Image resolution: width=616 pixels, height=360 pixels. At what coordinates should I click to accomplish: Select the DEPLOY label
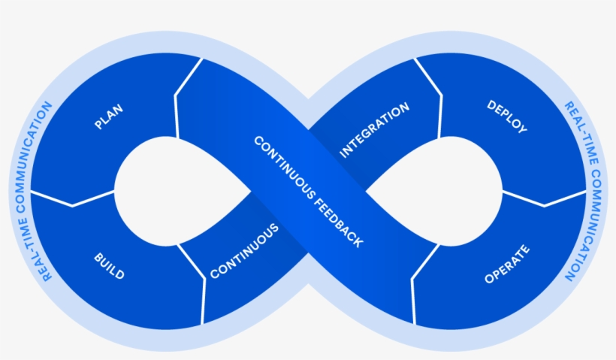[506, 117]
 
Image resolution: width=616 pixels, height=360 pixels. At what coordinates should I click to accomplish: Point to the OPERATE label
[507, 265]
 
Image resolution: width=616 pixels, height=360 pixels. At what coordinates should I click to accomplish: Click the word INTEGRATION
[375, 129]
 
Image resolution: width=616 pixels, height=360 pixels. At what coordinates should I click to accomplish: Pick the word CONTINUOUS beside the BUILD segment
[244, 251]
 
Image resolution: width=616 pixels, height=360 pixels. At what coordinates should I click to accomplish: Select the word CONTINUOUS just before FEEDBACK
[282, 165]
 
